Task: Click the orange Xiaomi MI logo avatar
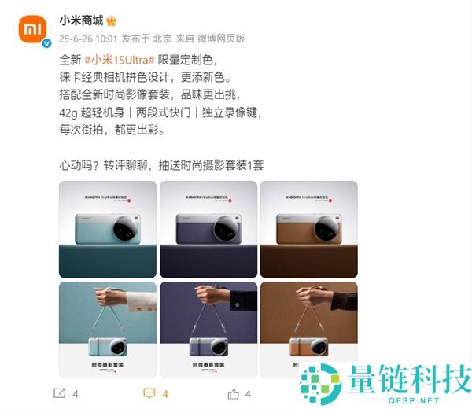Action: click(31, 29)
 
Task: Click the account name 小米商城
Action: click(82, 20)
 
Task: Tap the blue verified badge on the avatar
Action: click(46, 43)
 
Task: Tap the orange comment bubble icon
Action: click(149, 392)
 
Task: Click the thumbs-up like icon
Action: click(234, 392)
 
